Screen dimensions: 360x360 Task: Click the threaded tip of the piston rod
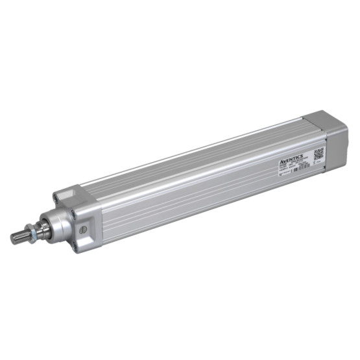(18, 237)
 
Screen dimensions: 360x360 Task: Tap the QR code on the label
(318, 154)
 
